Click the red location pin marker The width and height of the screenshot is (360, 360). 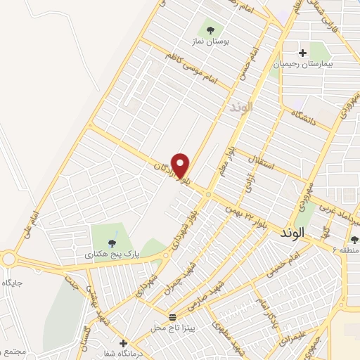[181, 165]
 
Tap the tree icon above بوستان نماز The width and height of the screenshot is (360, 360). [210, 30]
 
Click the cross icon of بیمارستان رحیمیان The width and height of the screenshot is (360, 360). [302, 52]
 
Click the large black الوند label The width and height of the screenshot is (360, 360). [292, 231]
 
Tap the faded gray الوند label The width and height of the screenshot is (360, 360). [240, 108]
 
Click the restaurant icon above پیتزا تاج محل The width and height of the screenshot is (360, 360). [172, 316]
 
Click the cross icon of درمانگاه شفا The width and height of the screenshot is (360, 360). [123, 342]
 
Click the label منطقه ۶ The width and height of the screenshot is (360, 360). [345, 250]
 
